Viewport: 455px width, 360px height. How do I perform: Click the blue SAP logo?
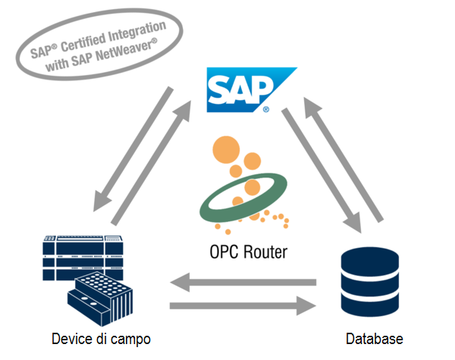239,89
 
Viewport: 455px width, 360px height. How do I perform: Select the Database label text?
374,339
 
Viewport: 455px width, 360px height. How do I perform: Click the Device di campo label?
101,339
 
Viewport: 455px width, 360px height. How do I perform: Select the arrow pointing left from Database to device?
243,283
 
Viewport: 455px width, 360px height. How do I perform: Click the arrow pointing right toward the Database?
243,306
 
